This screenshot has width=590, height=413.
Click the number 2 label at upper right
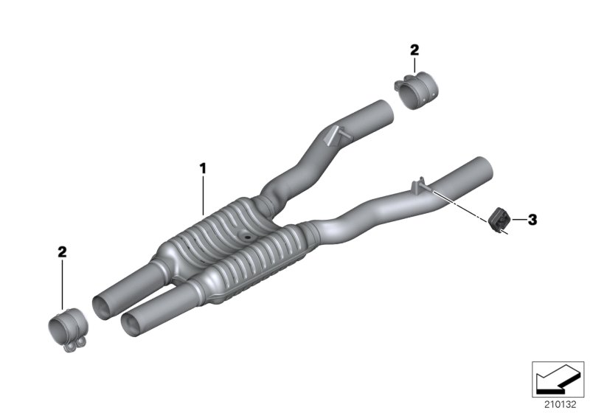click(x=414, y=50)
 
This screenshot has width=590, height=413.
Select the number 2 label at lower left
click(x=62, y=252)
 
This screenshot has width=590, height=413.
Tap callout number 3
click(x=532, y=219)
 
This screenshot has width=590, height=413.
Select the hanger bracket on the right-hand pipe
click(x=420, y=184)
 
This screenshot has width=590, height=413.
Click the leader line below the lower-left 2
click(x=63, y=284)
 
